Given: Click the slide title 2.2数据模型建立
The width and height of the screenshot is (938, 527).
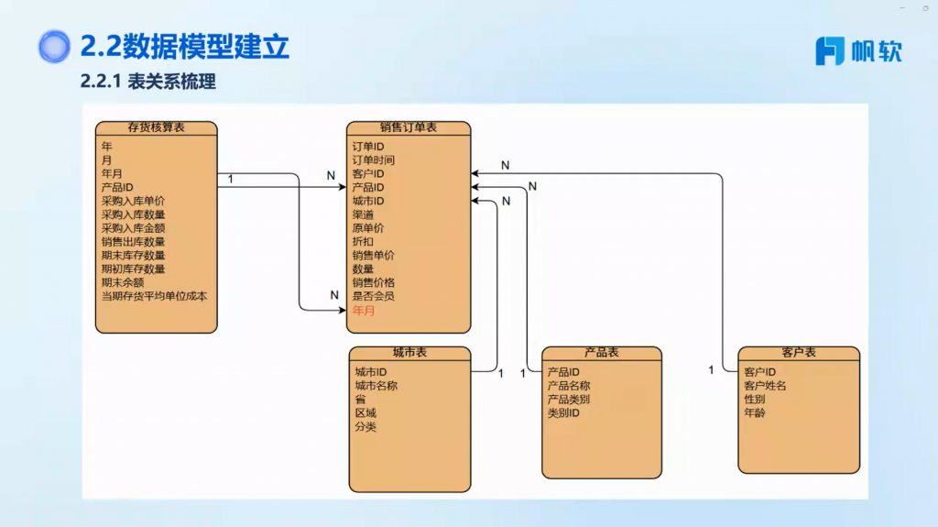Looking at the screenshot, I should tap(184, 45).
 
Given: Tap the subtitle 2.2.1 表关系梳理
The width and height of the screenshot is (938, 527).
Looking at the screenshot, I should tap(147, 82).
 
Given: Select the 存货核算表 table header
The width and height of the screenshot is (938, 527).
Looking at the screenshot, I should tap(157, 127).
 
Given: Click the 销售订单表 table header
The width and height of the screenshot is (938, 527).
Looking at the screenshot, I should tap(408, 127).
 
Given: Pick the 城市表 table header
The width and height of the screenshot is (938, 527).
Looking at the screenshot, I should tap(409, 353).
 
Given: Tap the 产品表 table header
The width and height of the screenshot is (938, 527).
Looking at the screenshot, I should tap(601, 353).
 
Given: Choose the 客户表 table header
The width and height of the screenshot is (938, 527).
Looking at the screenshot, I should tap(799, 353).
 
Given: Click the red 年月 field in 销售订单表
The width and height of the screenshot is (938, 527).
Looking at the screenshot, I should tap(364, 311).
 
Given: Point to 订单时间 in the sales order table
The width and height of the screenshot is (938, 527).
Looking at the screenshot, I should tap(374, 160).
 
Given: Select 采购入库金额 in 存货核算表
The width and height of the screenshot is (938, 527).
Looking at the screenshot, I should tap(133, 228).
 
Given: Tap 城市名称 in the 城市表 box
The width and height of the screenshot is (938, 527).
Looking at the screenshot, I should tap(376, 386).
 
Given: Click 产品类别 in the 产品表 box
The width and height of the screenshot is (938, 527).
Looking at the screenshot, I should tap(569, 400).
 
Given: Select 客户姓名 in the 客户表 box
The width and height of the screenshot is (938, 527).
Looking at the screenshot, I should tap(765, 386).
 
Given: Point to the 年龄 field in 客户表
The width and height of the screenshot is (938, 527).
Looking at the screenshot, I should tap(755, 413).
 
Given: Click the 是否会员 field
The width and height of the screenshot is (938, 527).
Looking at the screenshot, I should tap(374, 297).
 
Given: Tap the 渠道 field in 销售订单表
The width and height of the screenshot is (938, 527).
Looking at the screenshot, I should tap(364, 214).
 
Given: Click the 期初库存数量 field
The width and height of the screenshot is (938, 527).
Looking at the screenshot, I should tap(133, 269).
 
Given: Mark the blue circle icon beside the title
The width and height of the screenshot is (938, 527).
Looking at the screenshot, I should tap(54, 46).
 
